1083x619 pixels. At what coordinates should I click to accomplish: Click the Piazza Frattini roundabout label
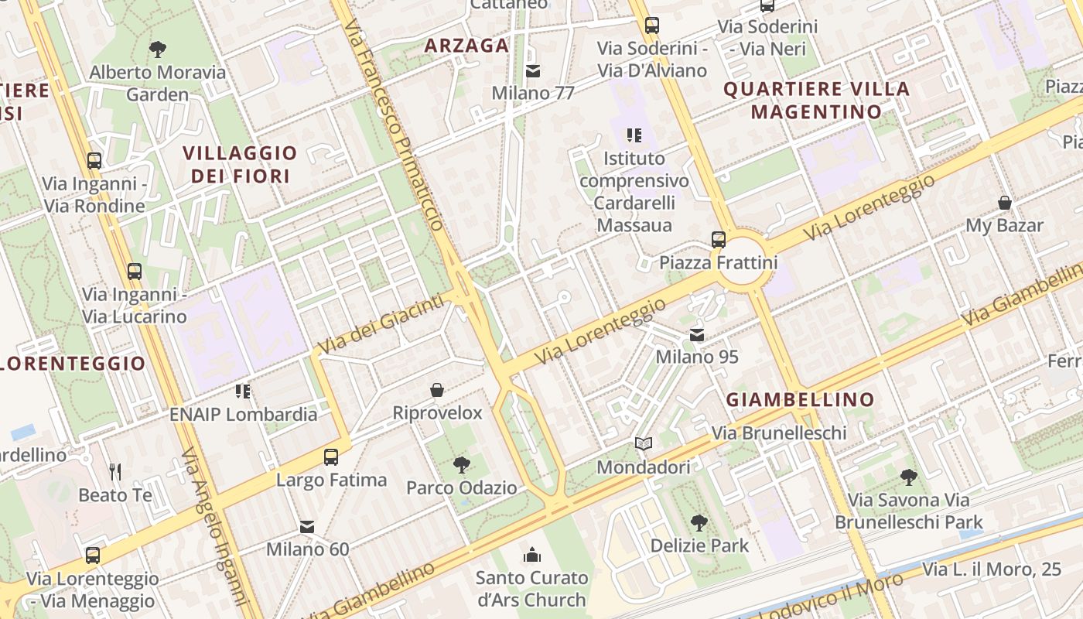click(x=717, y=262)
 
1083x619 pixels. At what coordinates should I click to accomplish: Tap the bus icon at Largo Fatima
click(x=331, y=457)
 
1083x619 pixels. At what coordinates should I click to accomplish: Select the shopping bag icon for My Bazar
click(x=1004, y=203)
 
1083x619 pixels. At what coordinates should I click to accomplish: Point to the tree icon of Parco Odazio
click(x=462, y=465)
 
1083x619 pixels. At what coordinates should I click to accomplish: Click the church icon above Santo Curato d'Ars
click(x=532, y=554)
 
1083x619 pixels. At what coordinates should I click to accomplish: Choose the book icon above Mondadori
click(x=644, y=444)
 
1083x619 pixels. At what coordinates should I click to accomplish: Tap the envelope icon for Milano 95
click(x=697, y=334)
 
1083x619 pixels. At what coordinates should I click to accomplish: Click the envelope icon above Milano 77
click(x=533, y=71)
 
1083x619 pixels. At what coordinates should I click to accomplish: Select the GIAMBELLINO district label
click(x=800, y=400)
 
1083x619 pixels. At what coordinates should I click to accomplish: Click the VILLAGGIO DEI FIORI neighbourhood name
click(x=240, y=164)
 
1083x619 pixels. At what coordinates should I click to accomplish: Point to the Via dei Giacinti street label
click(x=384, y=323)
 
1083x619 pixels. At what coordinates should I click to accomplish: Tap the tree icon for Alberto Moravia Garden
click(x=158, y=50)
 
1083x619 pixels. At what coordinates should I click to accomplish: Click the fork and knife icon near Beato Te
click(x=115, y=471)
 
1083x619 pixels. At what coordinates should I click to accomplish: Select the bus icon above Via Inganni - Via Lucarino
click(x=135, y=271)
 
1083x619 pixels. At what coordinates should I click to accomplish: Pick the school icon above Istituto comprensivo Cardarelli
click(x=634, y=135)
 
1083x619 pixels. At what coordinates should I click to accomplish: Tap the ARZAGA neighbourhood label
click(x=466, y=45)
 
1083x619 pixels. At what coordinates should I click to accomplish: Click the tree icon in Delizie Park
click(x=699, y=522)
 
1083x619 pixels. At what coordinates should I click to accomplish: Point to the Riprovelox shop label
click(x=437, y=412)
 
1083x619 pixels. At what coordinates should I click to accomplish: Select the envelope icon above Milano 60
click(x=307, y=527)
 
